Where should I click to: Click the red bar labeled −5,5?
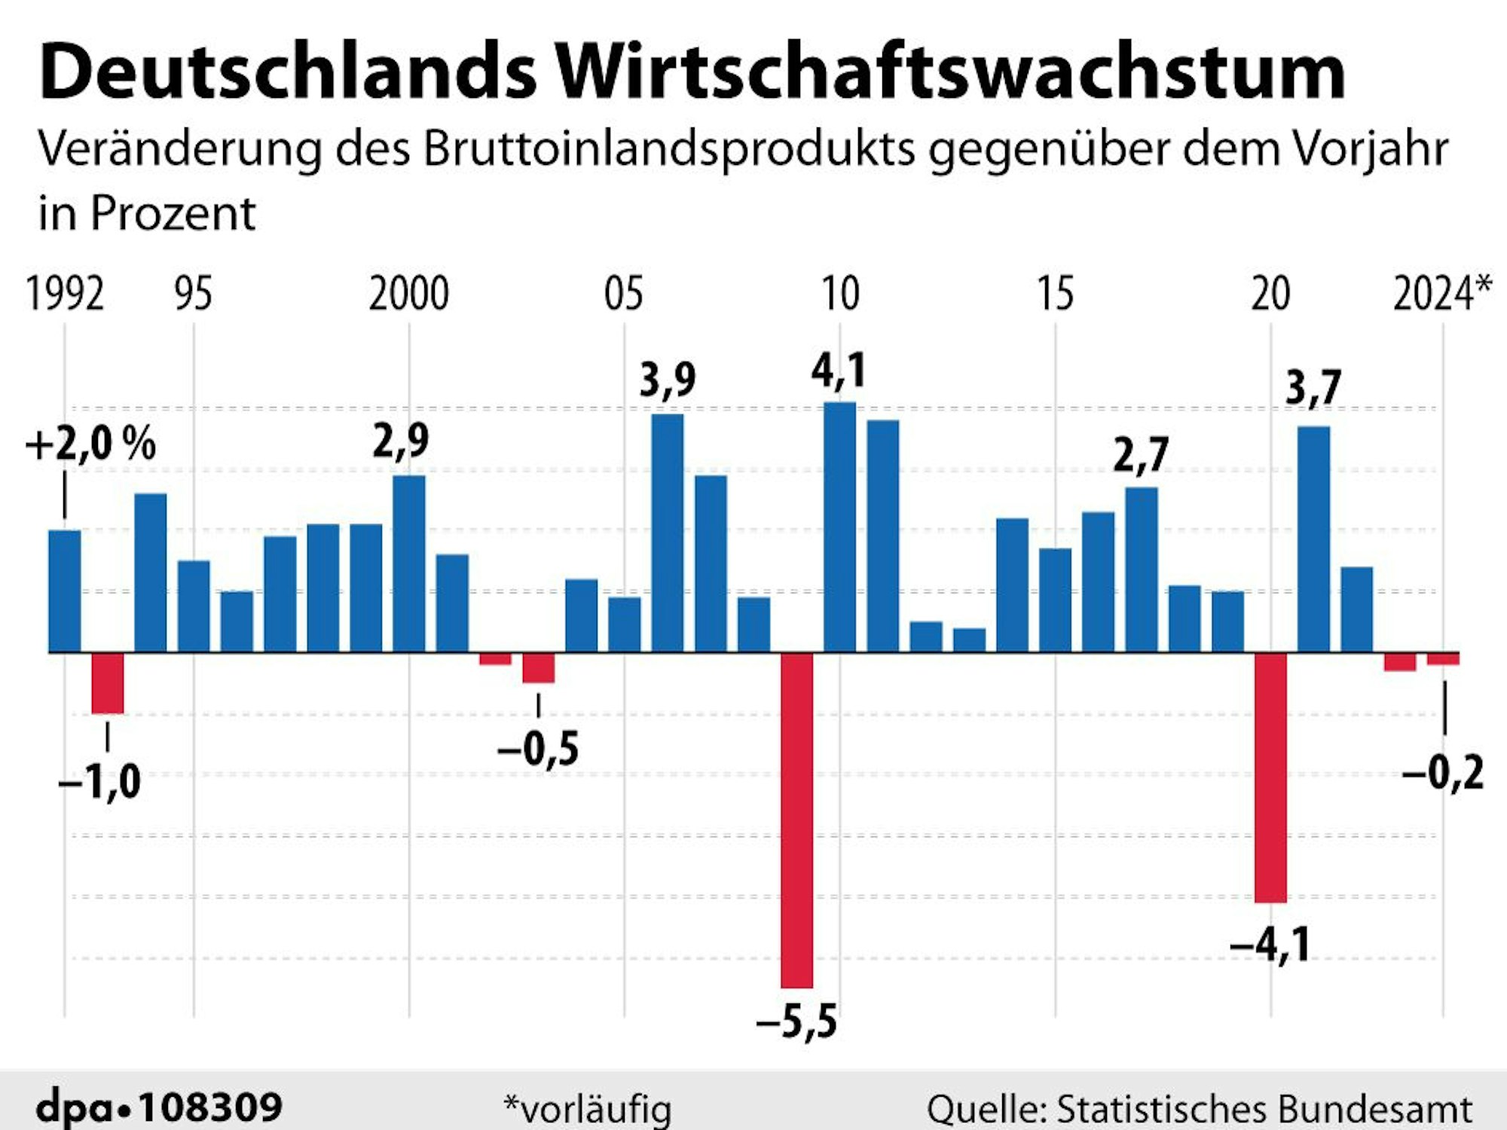[797, 820]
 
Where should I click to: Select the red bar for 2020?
[1271, 777]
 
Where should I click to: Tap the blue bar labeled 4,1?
[840, 527]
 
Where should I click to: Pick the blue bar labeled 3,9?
[668, 533]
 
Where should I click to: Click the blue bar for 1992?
[65, 591]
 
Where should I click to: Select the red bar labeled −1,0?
[108, 683]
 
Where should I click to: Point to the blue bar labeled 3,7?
[1314, 539]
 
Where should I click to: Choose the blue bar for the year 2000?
[409, 563]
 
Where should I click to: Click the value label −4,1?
[1270, 945]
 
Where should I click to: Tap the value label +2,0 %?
[90, 444]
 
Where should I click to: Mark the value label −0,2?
[1443, 773]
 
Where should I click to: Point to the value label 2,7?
[1141, 455]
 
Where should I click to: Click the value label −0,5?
[538, 749]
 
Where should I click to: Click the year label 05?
[624, 294]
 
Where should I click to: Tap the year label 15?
[1055, 294]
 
